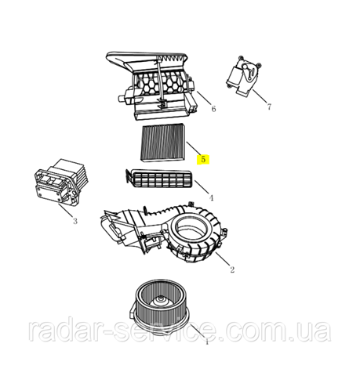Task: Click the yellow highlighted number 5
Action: [x=203, y=159]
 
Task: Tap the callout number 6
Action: [x=213, y=109]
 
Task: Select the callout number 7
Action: [x=269, y=107]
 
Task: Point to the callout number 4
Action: [x=211, y=198]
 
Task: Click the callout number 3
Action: [x=75, y=222]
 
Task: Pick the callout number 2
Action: [x=232, y=269]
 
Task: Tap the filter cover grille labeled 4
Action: [x=158, y=179]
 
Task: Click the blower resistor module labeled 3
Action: [x=60, y=182]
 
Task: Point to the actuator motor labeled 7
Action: [x=243, y=75]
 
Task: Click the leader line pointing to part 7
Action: [x=260, y=96]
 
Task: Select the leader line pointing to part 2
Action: [x=223, y=258]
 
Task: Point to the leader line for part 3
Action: [x=65, y=211]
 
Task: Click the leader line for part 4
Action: [x=202, y=187]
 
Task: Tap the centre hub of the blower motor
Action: [x=160, y=301]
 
